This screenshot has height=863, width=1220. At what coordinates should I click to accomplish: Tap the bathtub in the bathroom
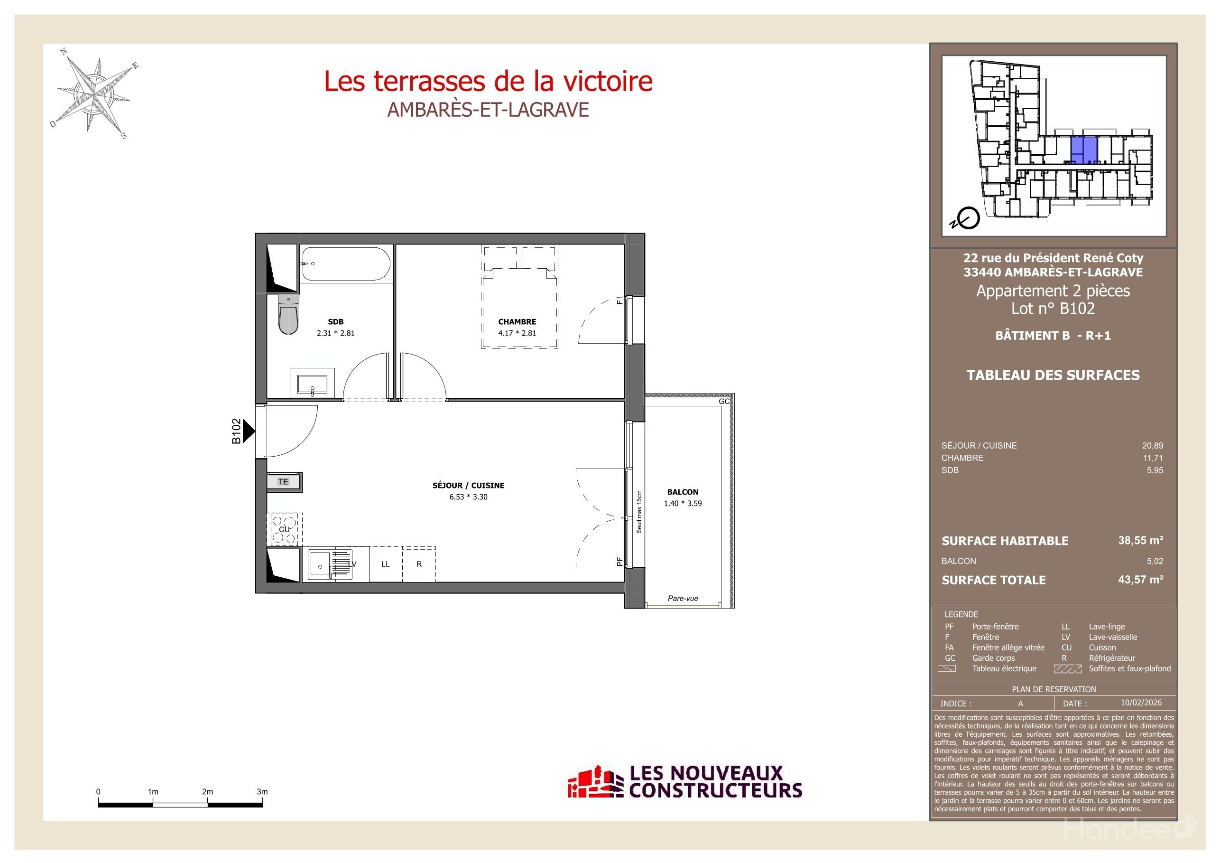(346, 263)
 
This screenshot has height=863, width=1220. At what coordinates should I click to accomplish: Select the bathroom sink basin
(313, 384)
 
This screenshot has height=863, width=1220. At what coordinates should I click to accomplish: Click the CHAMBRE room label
(517, 322)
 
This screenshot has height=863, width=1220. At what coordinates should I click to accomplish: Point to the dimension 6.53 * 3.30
(468, 497)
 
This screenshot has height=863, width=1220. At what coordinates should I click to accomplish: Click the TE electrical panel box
(284, 482)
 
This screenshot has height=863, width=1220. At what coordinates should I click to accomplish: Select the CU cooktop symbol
(284, 530)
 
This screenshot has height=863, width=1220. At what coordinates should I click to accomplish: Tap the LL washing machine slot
(386, 564)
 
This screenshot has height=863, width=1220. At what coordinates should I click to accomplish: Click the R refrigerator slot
(419, 564)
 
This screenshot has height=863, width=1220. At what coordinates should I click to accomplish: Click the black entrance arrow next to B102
(248, 431)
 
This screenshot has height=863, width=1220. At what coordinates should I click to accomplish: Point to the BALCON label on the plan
(683, 492)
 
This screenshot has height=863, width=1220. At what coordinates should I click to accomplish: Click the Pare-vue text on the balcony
(683, 598)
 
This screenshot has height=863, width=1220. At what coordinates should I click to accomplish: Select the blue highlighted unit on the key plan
(1083, 150)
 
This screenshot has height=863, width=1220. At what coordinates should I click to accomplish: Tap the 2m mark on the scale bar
(208, 792)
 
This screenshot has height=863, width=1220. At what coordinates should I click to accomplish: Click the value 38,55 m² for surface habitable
(1140, 540)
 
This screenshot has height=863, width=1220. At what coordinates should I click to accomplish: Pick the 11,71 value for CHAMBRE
(1153, 458)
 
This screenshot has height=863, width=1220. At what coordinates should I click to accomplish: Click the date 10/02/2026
(1141, 703)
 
